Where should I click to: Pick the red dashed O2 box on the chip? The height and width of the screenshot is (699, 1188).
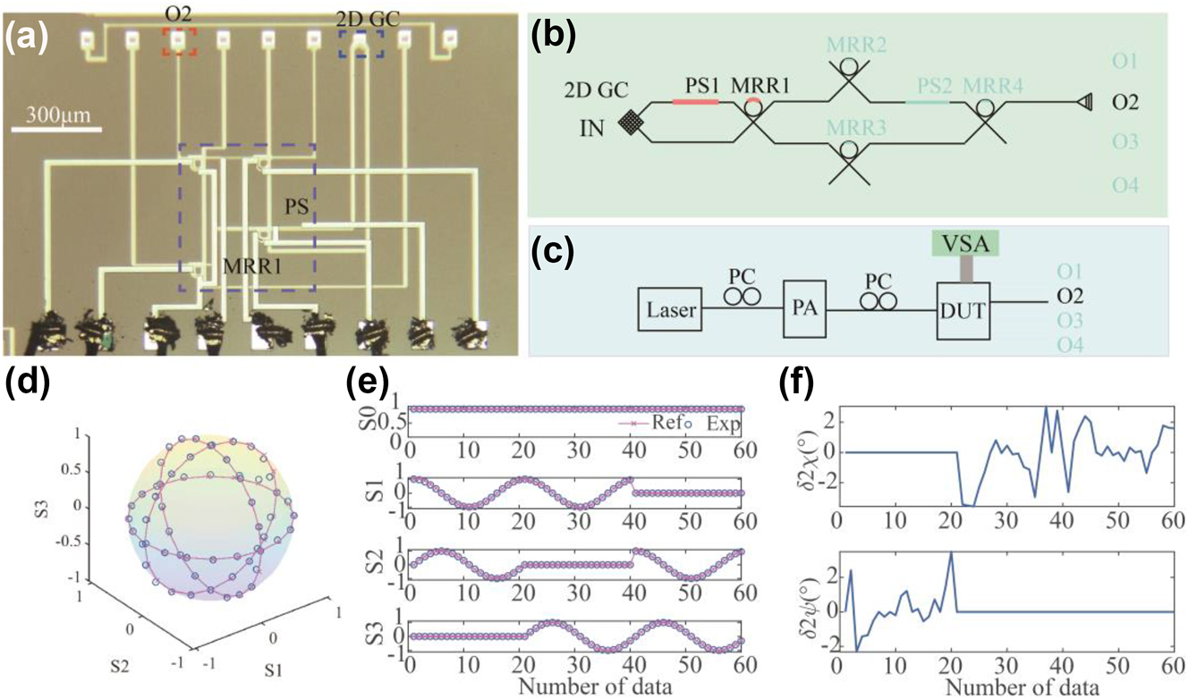[179, 40]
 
